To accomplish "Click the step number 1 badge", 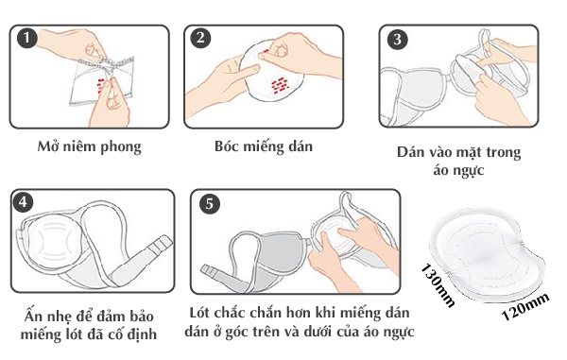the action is [27, 38].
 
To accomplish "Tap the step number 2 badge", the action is [201, 38].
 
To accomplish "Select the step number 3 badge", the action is [398, 39].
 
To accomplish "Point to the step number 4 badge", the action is [23, 202].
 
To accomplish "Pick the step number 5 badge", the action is [210, 203].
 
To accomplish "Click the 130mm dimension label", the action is [438, 285].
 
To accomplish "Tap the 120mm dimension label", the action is [525, 307].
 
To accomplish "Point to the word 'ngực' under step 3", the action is [469, 171].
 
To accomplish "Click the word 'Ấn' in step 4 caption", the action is [33, 316].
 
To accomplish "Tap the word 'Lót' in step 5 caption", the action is [199, 313].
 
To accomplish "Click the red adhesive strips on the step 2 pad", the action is [280, 86].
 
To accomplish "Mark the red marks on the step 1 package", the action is [102, 85].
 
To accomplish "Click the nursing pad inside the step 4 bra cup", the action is [54, 241].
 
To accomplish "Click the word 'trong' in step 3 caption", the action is [504, 152].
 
